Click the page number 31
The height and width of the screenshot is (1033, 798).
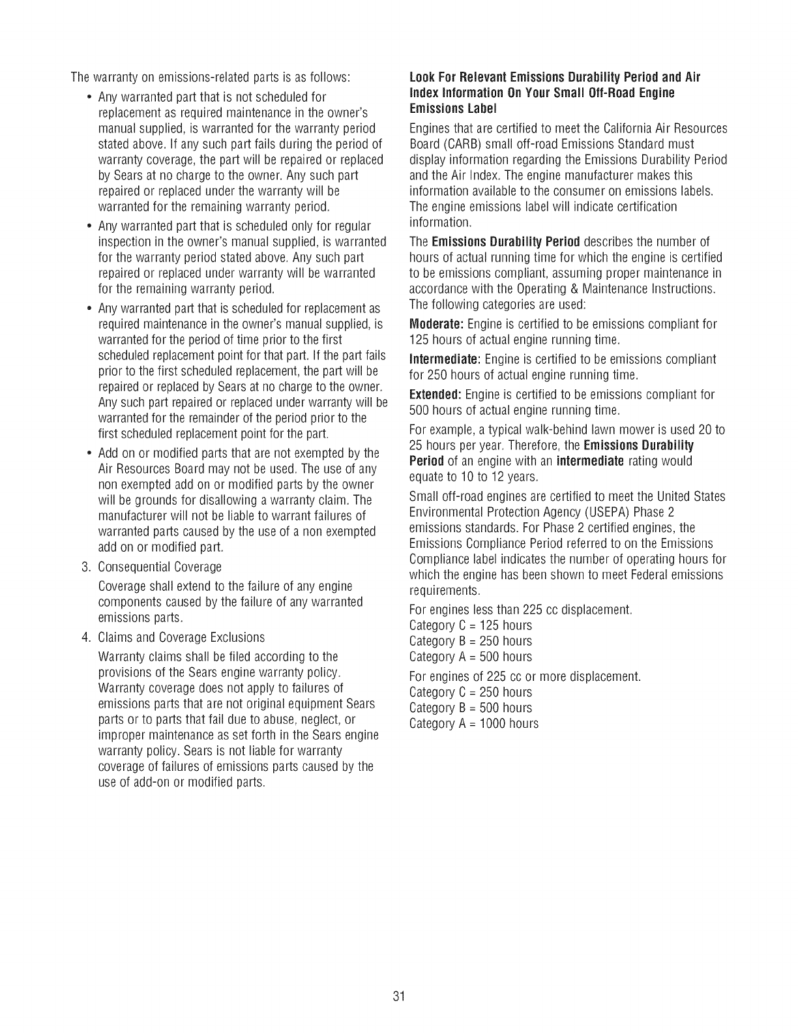click(x=400, y=996)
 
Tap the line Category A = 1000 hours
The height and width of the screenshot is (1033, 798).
click(x=474, y=723)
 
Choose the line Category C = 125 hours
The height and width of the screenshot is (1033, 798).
click(x=471, y=625)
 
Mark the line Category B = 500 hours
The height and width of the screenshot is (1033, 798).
click(x=471, y=708)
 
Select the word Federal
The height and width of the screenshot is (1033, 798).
click(x=664, y=575)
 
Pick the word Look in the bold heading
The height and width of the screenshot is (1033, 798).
click(x=421, y=78)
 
